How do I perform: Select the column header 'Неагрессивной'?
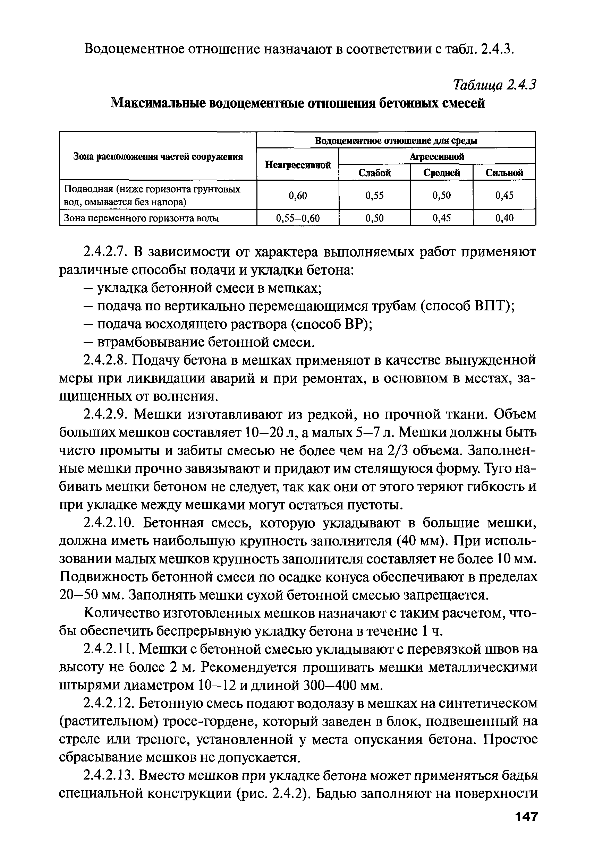[x=298, y=165]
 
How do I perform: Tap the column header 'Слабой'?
[x=374, y=173]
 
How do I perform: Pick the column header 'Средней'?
[x=441, y=173]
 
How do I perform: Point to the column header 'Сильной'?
[x=504, y=173]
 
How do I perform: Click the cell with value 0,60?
[x=298, y=195]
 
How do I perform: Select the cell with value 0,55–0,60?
[x=298, y=218]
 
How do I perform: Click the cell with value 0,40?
[x=504, y=218]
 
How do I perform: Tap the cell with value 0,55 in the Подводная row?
[x=374, y=195]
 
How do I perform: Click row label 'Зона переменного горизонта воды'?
[x=142, y=218]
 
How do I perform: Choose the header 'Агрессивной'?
[x=437, y=157]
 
